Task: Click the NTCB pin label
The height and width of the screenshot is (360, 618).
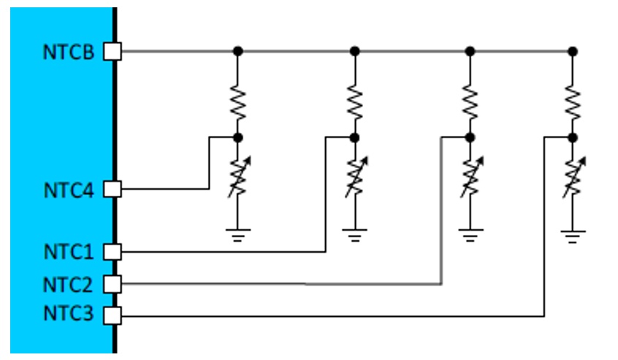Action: click(x=68, y=52)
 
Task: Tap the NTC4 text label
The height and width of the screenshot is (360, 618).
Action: click(x=69, y=191)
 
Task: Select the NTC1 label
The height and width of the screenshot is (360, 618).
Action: click(x=69, y=252)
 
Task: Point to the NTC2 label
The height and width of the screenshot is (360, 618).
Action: click(x=68, y=284)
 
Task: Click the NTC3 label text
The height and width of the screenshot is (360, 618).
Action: click(x=68, y=314)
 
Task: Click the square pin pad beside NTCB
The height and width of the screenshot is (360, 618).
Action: click(x=112, y=52)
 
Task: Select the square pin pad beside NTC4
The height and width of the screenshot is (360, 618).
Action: click(x=112, y=189)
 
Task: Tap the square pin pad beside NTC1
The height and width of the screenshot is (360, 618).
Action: click(x=112, y=252)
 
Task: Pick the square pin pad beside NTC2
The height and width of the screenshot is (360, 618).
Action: click(x=112, y=284)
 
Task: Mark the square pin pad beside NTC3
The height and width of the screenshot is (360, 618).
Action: click(x=112, y=315)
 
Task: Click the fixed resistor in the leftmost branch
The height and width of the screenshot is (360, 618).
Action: click(x=237, y=103)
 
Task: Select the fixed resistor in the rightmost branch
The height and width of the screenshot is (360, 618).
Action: click(x=573, y=103)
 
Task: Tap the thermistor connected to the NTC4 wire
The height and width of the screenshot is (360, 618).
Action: click(x=238, y=177)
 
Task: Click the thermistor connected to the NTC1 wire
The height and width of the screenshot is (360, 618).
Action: click(x=356, y=177)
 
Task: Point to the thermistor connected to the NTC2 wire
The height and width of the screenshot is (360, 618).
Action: click(x=471, y=177)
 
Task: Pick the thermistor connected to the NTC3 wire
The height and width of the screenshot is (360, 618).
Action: click(x=574, y=177)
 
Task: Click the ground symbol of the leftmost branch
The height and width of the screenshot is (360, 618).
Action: click(x=237, y=235)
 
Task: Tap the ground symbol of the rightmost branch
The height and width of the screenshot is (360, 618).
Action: click(x=573, y=237)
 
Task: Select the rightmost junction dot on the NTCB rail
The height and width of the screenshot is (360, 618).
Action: click(x=573, y=52)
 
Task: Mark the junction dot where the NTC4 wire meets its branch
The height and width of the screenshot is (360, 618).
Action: click(x=237, y=137)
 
